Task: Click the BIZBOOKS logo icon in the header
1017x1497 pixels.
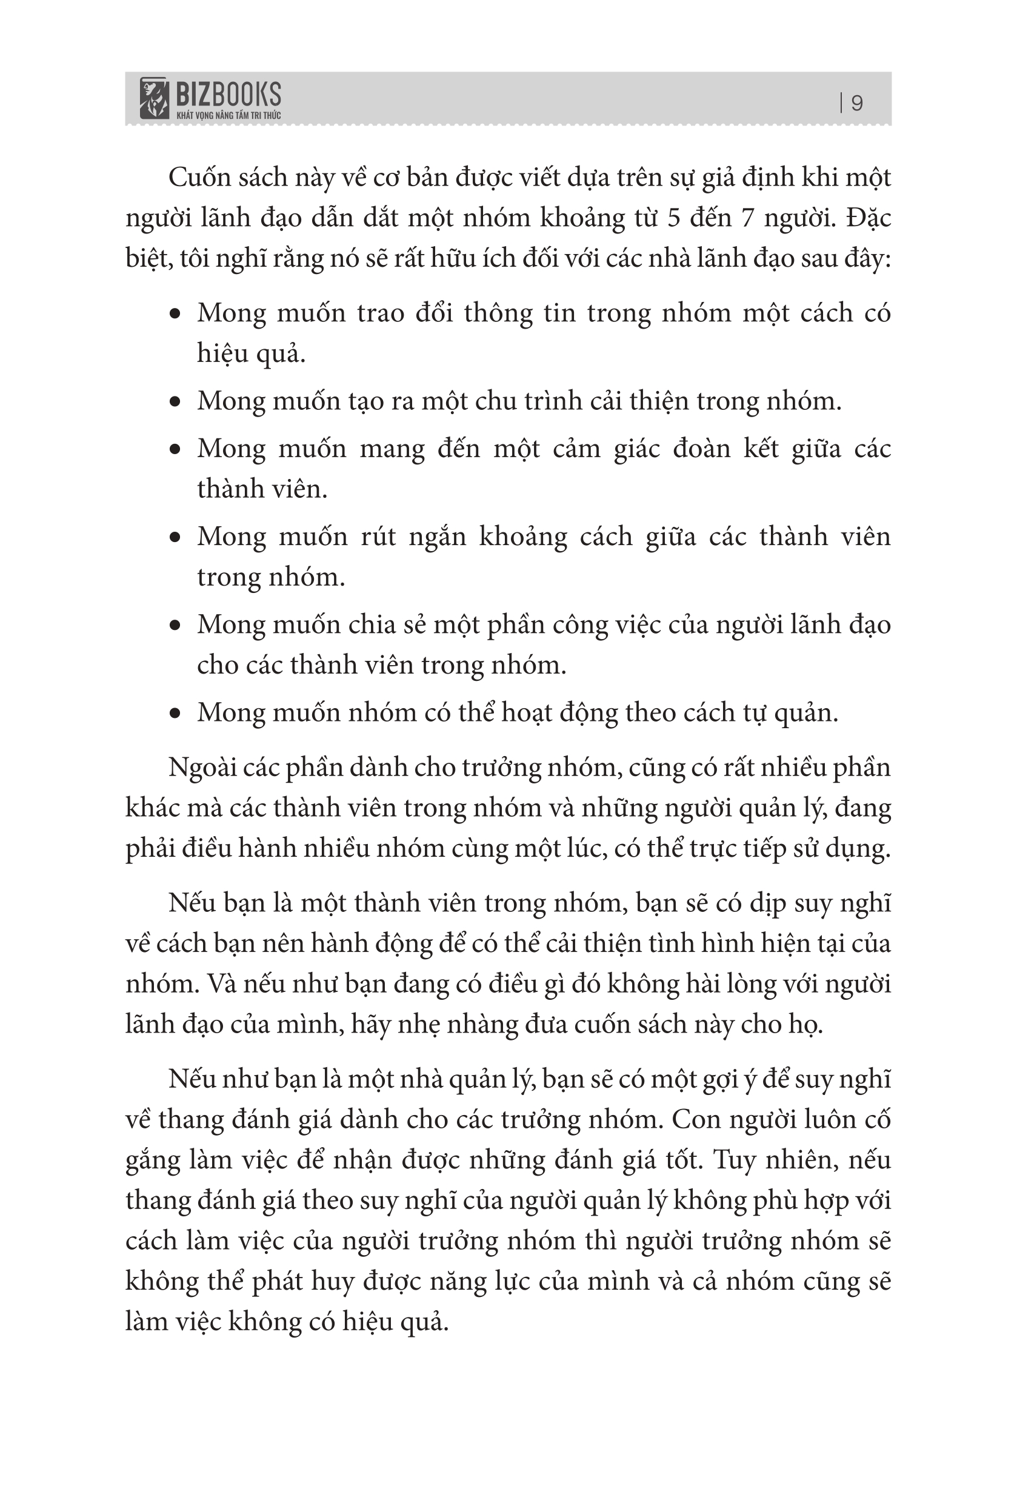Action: (x=154, y=99)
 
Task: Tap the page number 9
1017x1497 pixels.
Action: (x=856, y=103)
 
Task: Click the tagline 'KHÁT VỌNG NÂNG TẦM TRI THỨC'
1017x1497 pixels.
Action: (x=228, y=115)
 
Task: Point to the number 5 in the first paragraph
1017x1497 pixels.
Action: (x=674, y=218)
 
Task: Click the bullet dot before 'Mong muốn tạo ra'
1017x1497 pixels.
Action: (x=175, y=402)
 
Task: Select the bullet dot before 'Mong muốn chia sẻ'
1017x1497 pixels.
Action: (x=175, y=626)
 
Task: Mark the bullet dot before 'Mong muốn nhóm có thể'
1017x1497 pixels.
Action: (x=175, y=714)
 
